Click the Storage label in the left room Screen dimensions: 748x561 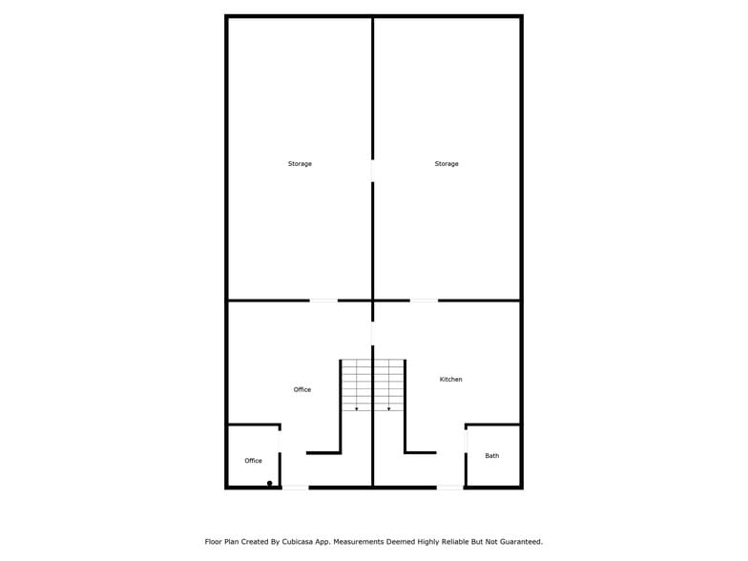click(300, 164)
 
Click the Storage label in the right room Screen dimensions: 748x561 click(447, 164)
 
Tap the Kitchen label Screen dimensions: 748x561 click(450, 380)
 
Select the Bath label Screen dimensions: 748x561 click(492, 456)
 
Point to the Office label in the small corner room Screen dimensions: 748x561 click(254, 460)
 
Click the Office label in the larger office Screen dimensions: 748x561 click(301, 389)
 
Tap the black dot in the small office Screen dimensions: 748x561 click(269, 483)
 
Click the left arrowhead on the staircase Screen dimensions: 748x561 click(357, 408)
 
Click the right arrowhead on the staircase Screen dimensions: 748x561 click(389, 408)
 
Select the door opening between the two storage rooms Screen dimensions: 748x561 click(372, 170)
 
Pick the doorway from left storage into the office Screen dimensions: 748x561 click(324, 301)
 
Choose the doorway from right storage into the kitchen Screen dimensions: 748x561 click(424, 301)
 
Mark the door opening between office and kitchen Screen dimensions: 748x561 click(372, 333)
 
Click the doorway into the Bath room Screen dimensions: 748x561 click(466, 442)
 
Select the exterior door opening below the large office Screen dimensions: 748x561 click(296, 488)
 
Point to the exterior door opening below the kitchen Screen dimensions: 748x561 click(450, 488)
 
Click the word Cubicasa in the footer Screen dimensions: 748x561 click(298, 542)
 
